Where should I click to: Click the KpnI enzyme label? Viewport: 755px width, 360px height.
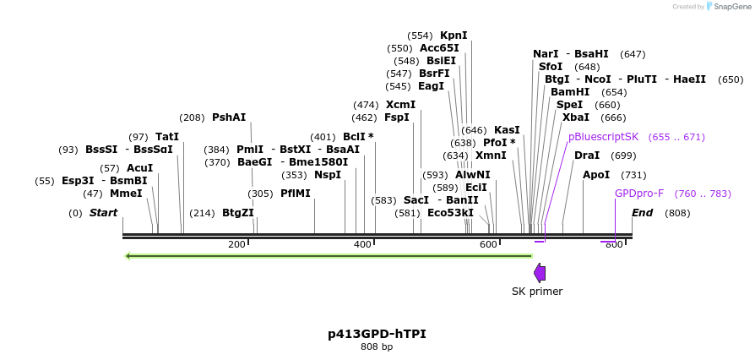(x=454, y=35)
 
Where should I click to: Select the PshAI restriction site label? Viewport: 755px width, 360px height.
(x=229, y=117)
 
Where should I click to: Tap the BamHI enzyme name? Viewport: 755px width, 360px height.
(x=570, y=91)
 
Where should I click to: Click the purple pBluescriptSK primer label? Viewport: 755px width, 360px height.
(x=603, y=137)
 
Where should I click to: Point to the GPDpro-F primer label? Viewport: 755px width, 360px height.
(x=639, y=194)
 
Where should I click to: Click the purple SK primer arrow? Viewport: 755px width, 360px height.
(x=540, y=272)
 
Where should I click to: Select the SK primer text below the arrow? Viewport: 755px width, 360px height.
(x=537, y=292)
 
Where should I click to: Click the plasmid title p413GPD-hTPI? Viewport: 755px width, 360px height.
(x=377, y=334)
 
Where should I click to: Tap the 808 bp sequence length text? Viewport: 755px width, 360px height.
(x=377, y=347)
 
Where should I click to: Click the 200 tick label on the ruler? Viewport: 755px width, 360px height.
(x=236, y=245)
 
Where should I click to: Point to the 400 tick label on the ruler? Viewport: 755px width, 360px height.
(x=362, y=245)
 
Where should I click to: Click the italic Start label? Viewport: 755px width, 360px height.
(x=103, y=213)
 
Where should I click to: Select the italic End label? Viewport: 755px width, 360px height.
(x=642, y=213)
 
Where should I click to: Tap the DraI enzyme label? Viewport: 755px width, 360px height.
(x=587, y=155)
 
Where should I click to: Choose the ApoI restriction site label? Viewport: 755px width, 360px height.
(x=596, y=175)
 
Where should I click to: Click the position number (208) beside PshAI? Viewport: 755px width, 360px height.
(x=192, y=117)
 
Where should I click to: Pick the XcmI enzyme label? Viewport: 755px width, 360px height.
(x=400, y=105)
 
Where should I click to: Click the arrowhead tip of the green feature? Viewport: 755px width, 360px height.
(x=127, y=255)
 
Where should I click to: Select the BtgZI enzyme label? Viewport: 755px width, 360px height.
(x=237, y=213)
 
